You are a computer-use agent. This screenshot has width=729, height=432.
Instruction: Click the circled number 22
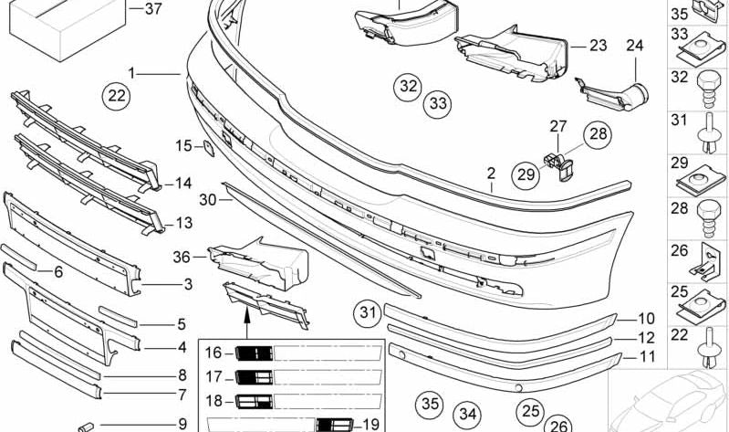[116, 94]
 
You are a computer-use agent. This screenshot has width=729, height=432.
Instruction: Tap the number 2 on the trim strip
[491, 173]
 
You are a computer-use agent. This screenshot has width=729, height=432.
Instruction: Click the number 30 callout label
[208, 198]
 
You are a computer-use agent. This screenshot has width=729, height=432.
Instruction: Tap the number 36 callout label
[183, 258]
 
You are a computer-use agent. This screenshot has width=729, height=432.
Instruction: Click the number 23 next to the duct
[598, 45]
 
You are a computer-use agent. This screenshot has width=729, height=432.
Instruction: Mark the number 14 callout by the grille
[183, 184]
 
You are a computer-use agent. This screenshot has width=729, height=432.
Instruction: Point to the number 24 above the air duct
[634, 45]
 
